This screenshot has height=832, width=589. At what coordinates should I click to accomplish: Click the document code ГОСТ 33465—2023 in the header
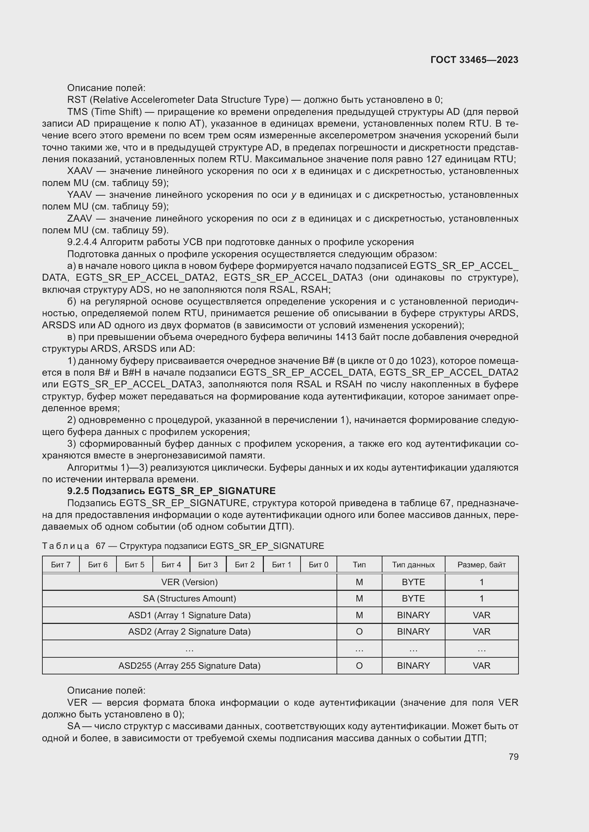point(474,60)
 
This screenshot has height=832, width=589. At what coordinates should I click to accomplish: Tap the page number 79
point(513,757)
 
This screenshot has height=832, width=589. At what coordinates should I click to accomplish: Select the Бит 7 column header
point(61,565)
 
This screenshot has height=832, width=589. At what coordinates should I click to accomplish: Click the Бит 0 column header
point(318,565)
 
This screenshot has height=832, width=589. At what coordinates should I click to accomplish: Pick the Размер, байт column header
point(481,565)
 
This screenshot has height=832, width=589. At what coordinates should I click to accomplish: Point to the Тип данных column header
point(413,565)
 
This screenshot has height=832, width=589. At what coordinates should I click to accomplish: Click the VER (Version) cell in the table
point(189,582)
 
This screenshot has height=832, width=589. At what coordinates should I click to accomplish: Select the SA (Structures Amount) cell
point(189,598)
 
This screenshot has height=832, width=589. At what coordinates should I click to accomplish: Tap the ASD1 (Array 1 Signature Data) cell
point(189,615)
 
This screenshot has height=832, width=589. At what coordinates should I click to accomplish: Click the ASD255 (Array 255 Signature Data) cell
point(189,666)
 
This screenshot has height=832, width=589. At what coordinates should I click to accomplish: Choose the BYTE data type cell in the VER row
point(413,582)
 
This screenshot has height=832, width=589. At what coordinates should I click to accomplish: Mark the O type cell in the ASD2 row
point(359,632)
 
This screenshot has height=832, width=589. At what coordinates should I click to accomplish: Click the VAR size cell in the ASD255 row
point(481,666)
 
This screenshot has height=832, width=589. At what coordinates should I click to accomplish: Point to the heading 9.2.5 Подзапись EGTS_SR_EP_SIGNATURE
point(171,491)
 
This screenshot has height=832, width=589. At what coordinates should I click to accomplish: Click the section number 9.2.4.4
point(82,242)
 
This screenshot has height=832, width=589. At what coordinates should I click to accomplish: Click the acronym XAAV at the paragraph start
point(80,171)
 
